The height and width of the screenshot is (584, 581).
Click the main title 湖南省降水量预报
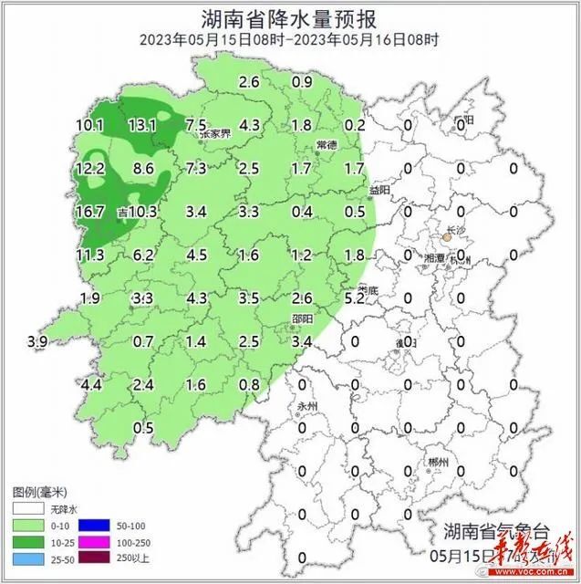click(x=290, y=17)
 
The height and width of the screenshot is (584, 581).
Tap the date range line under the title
click(x=290, y=39)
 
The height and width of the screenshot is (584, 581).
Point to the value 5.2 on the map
click(x=355, y=297)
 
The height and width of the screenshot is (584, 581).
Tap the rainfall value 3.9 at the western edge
click(x=37, y=341)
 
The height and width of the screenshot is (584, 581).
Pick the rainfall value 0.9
click(x=302, y=83)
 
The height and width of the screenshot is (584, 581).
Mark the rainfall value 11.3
click(x=91, y=255)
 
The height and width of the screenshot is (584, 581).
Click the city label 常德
click(x=327, y=146)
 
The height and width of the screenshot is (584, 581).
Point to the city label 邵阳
click(x=301, y=318)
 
